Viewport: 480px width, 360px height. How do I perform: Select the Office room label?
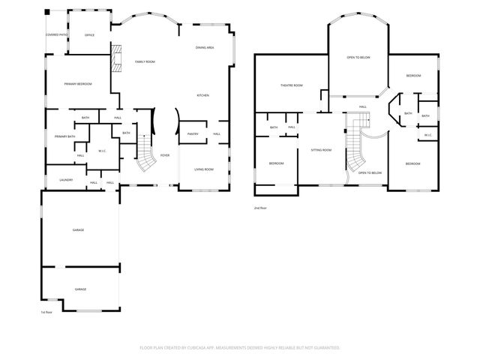[x=89, y=34]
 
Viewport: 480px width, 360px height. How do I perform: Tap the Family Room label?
[x=145, y=61]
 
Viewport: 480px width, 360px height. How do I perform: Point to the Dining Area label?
[x=205, y=48]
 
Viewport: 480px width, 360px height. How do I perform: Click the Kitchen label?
[x=202, y=95]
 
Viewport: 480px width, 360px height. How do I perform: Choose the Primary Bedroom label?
[x=78, y=84]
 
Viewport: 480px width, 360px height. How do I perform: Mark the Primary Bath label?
[x=64, y=136]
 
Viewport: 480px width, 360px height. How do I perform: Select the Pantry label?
[x=192, y=133]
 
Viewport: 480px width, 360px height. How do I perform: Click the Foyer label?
[x=164, y=155]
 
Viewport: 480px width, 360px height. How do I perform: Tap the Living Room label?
[x=204, y=169]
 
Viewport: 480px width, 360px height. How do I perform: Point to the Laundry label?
[x=65, y=180]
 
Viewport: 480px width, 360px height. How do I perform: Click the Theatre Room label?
[x=292, y=85]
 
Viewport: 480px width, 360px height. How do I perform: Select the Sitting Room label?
[x=321, y=150]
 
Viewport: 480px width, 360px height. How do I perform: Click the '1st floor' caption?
[x=46, y=311]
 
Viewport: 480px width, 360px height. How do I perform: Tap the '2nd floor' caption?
[x=259, y=208]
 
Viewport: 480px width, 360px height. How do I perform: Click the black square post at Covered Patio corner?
[x=49, y=12]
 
